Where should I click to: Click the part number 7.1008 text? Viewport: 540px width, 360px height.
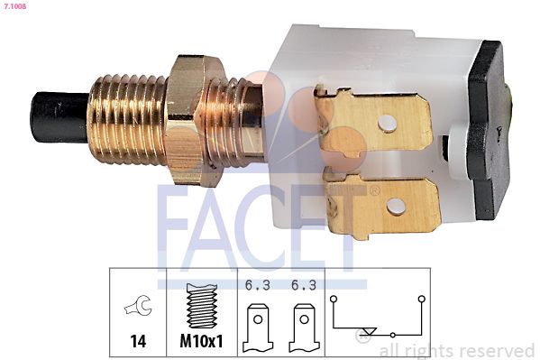[14, 5]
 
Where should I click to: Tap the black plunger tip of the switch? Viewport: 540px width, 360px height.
[59, 117]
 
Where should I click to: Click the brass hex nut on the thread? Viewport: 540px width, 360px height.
[194, 121]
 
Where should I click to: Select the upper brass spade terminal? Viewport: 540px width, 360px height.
[373, 120]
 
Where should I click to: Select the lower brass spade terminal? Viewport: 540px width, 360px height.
[382, 204]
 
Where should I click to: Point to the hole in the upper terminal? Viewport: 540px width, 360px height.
[387, 124]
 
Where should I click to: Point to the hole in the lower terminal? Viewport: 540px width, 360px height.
[396, 207]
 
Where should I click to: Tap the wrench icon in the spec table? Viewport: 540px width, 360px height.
[138, 306]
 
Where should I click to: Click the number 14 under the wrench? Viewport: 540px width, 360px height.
[138, 341]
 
